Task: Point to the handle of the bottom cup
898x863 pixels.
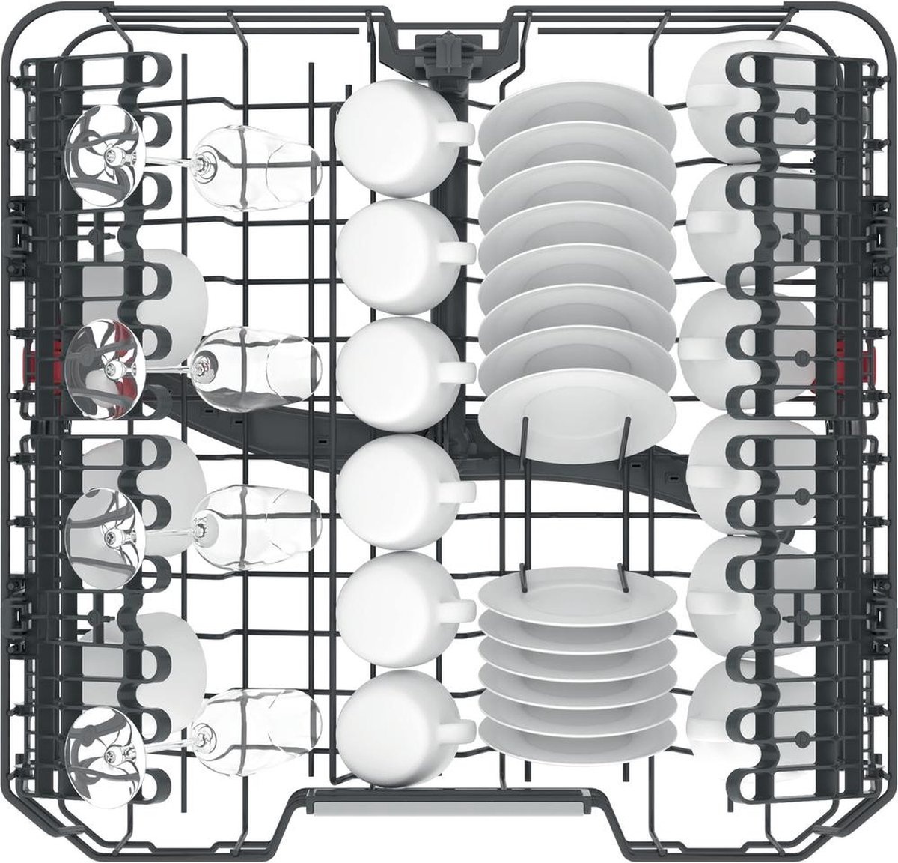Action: pyautogui.click(x=456, y=726)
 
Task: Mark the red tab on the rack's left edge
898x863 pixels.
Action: pyautogui.click(x=55, y=353)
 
